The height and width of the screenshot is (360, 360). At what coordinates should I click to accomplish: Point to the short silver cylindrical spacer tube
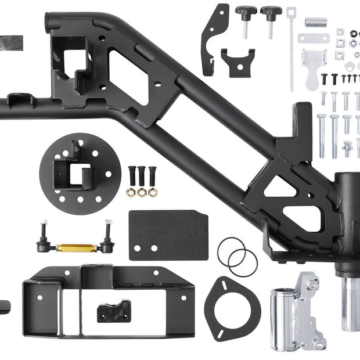point(316,23)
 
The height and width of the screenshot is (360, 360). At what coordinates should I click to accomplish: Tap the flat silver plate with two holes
point(314,39)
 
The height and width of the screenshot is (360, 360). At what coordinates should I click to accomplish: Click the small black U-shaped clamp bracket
point(237,61)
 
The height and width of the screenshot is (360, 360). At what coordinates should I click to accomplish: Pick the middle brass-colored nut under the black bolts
point(142,192)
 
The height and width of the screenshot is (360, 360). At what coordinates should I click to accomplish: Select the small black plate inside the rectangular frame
point(114,311)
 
